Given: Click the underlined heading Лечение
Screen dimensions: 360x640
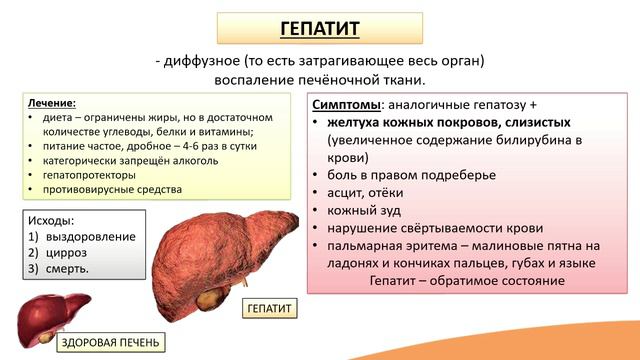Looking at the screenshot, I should (x=52, y=102).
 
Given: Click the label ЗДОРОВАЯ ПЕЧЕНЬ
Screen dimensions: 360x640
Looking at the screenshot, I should (x=109, y=343).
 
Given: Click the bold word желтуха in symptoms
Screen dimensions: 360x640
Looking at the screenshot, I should (x=357, y=122).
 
